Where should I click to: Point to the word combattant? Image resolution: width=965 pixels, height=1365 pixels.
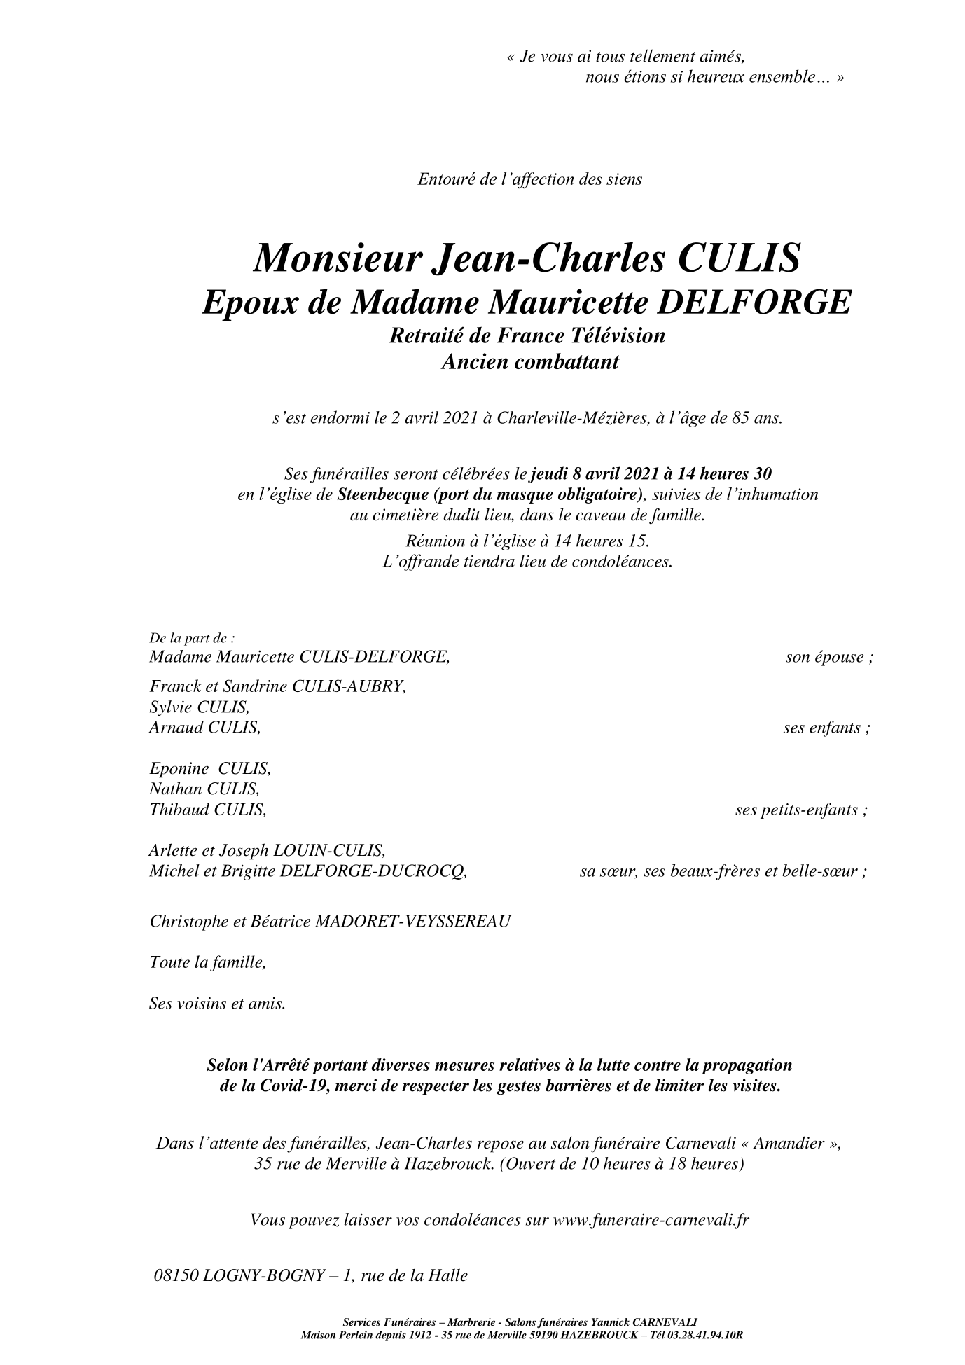[569, 363]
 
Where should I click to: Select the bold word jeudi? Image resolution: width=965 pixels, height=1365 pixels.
[549, 474]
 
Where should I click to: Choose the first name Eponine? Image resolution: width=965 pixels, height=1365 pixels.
[179, 768]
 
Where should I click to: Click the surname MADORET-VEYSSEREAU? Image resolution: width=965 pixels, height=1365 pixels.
[413, 921]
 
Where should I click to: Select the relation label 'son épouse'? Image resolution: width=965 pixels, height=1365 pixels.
[828, 658]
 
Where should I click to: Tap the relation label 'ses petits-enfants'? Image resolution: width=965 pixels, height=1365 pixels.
[801, 810]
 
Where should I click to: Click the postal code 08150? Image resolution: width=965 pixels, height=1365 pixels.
[175, 1276]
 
